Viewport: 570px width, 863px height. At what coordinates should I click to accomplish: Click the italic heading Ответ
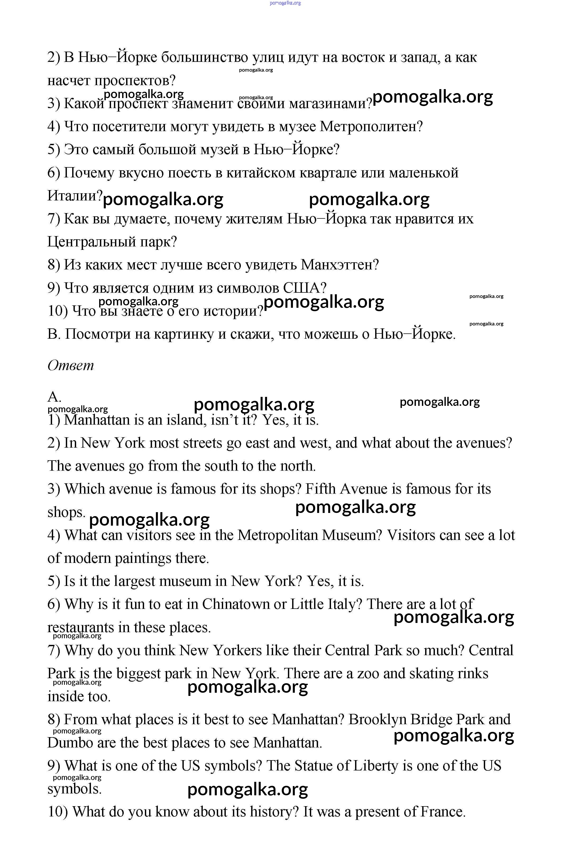(x=71, y=365)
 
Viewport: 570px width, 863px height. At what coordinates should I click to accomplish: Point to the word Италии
(x=75, y=196)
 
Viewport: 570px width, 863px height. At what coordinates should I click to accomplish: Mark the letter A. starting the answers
(x=54, y=397)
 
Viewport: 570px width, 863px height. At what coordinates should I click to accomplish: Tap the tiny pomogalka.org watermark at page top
(x=285, y=3)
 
